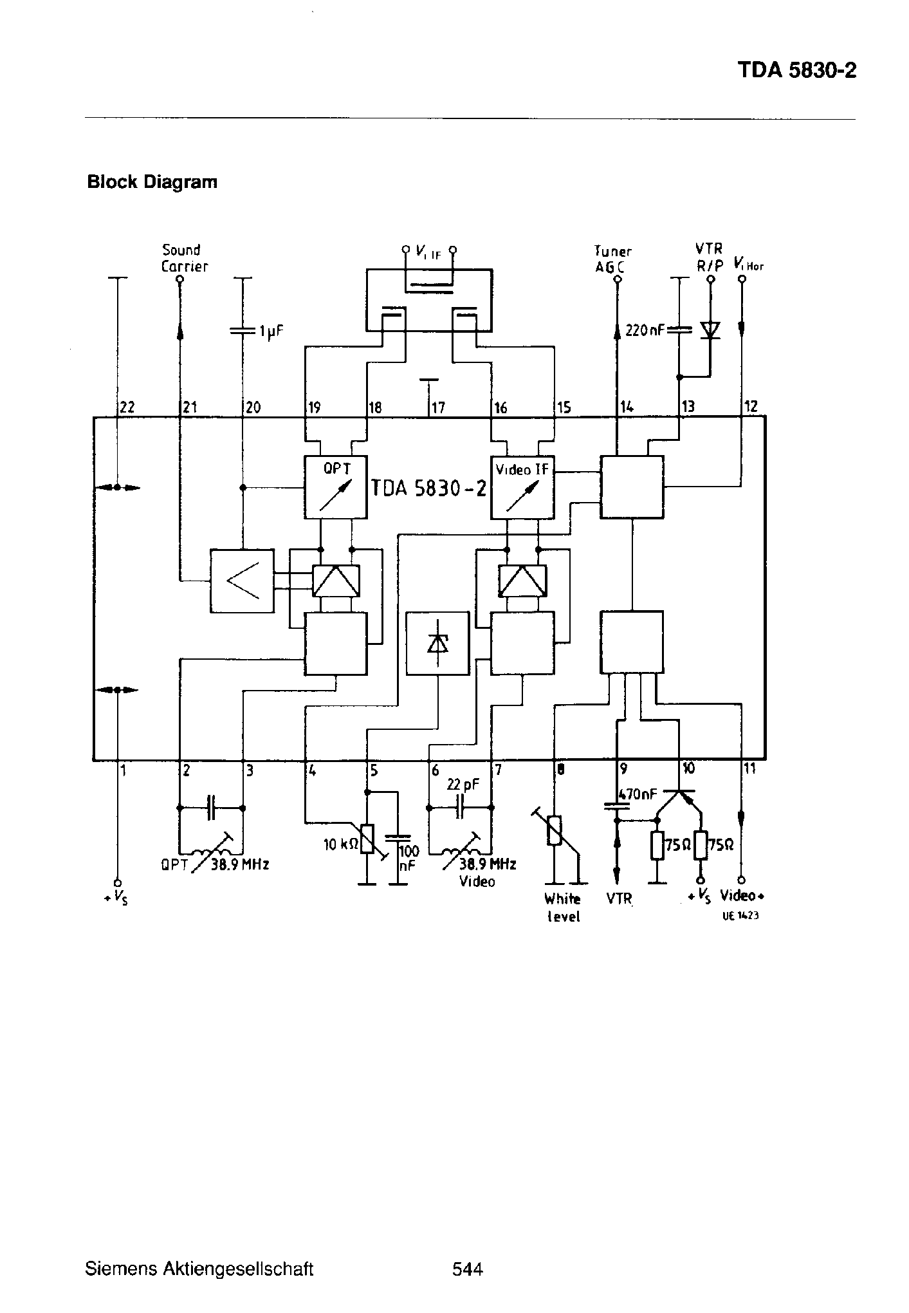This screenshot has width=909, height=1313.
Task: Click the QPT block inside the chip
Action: [335, 487]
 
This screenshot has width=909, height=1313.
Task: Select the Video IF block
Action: [522, 487]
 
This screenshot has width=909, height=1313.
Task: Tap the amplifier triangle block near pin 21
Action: [242, 581]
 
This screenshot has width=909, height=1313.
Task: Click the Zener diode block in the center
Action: [438, 642]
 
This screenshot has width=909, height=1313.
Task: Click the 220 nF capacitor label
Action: [645, 331]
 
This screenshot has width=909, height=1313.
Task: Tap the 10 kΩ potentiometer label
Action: [340, 844]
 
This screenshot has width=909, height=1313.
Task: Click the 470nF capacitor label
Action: [638, 794]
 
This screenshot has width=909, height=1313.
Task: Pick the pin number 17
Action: [437, 407]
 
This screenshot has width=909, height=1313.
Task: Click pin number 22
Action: [127, 407]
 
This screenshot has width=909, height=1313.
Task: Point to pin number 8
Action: [560, 768]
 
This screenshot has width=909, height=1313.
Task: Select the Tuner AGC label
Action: [612, 259]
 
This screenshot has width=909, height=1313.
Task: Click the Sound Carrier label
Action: [184, 257]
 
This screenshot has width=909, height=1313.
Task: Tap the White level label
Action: [563, 908]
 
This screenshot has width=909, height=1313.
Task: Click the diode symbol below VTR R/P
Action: [710, 330]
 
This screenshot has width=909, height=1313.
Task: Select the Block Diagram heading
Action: [152, 182]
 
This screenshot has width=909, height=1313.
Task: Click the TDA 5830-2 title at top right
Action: [796, 70]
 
